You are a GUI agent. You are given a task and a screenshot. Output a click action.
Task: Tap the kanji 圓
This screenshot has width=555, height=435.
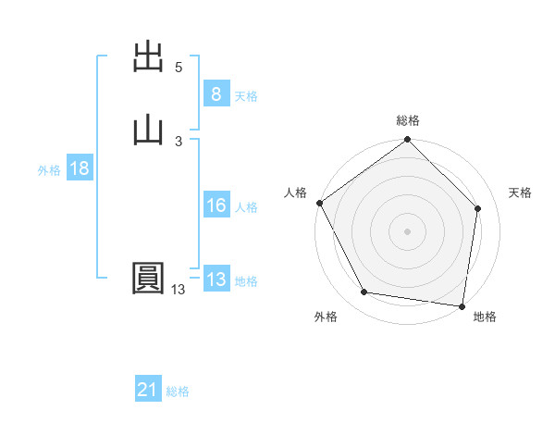point(150,280)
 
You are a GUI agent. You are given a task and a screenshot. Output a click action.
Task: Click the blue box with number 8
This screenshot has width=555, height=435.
point(216,94)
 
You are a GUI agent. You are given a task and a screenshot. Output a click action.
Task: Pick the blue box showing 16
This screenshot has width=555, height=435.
point(216,206)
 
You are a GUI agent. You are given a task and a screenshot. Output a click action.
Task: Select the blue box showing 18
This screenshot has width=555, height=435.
point(79,168)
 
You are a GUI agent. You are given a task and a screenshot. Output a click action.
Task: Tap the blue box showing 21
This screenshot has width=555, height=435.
point(148,391)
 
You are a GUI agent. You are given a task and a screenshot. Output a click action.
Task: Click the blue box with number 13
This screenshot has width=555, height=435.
point(216,280)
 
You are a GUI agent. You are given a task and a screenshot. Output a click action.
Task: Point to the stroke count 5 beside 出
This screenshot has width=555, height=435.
point(179,68)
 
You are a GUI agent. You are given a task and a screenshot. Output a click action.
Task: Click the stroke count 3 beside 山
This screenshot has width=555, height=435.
point(179,141)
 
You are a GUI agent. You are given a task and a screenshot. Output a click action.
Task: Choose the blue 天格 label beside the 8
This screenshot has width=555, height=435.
point(246,96)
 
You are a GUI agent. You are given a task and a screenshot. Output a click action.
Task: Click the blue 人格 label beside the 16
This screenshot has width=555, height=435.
point(246,208)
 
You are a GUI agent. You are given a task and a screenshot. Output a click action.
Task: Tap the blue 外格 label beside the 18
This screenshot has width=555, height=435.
point(49,170)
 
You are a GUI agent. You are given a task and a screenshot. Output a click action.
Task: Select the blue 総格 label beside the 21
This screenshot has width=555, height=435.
point(178,392)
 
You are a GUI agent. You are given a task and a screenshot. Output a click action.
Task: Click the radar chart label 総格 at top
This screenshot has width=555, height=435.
point(408,120)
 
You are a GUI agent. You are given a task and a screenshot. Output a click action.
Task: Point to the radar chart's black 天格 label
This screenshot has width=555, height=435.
point(521,193)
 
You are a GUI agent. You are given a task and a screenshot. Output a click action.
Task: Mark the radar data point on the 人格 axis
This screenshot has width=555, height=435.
point(320,203)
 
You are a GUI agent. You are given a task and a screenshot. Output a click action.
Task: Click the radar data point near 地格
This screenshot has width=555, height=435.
point(462,305)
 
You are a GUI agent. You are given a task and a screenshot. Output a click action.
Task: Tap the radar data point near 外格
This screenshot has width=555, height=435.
point(364,292)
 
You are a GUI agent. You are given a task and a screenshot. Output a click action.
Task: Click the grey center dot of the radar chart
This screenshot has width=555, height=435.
point(408,230)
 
